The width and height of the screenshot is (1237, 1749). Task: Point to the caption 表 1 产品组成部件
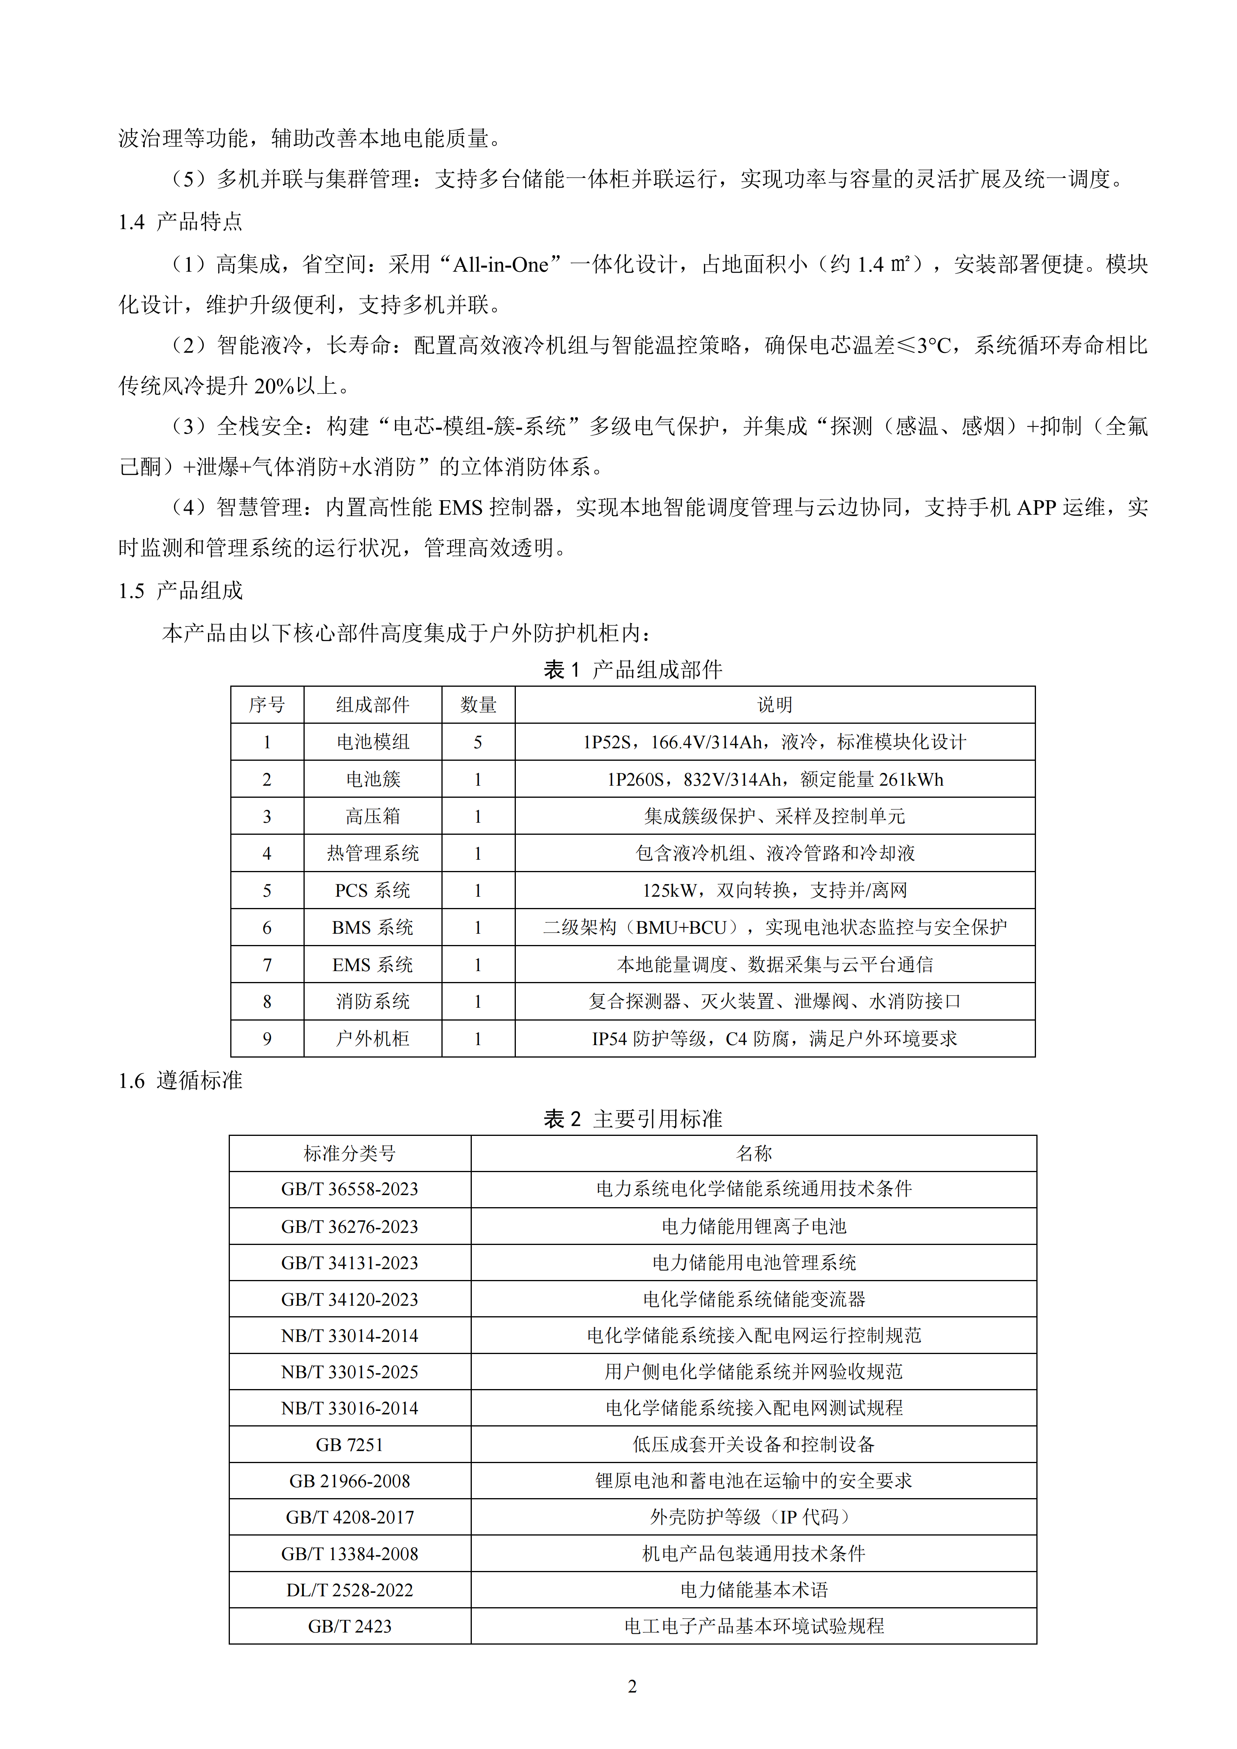[632, 670]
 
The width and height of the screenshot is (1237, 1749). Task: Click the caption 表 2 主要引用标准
[632, 1118]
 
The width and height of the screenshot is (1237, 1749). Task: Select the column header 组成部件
[372, 705]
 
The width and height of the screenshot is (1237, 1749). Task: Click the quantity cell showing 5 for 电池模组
[478, 742]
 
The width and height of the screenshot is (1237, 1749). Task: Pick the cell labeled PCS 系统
[372, 890]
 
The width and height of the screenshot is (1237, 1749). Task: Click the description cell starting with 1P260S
[775, 779]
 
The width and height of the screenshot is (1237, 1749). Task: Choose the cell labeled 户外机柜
[372, 1038]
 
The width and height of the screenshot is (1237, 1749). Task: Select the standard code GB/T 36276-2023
[349, 1226]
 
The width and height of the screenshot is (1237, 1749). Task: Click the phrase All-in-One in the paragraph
[500, 264]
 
